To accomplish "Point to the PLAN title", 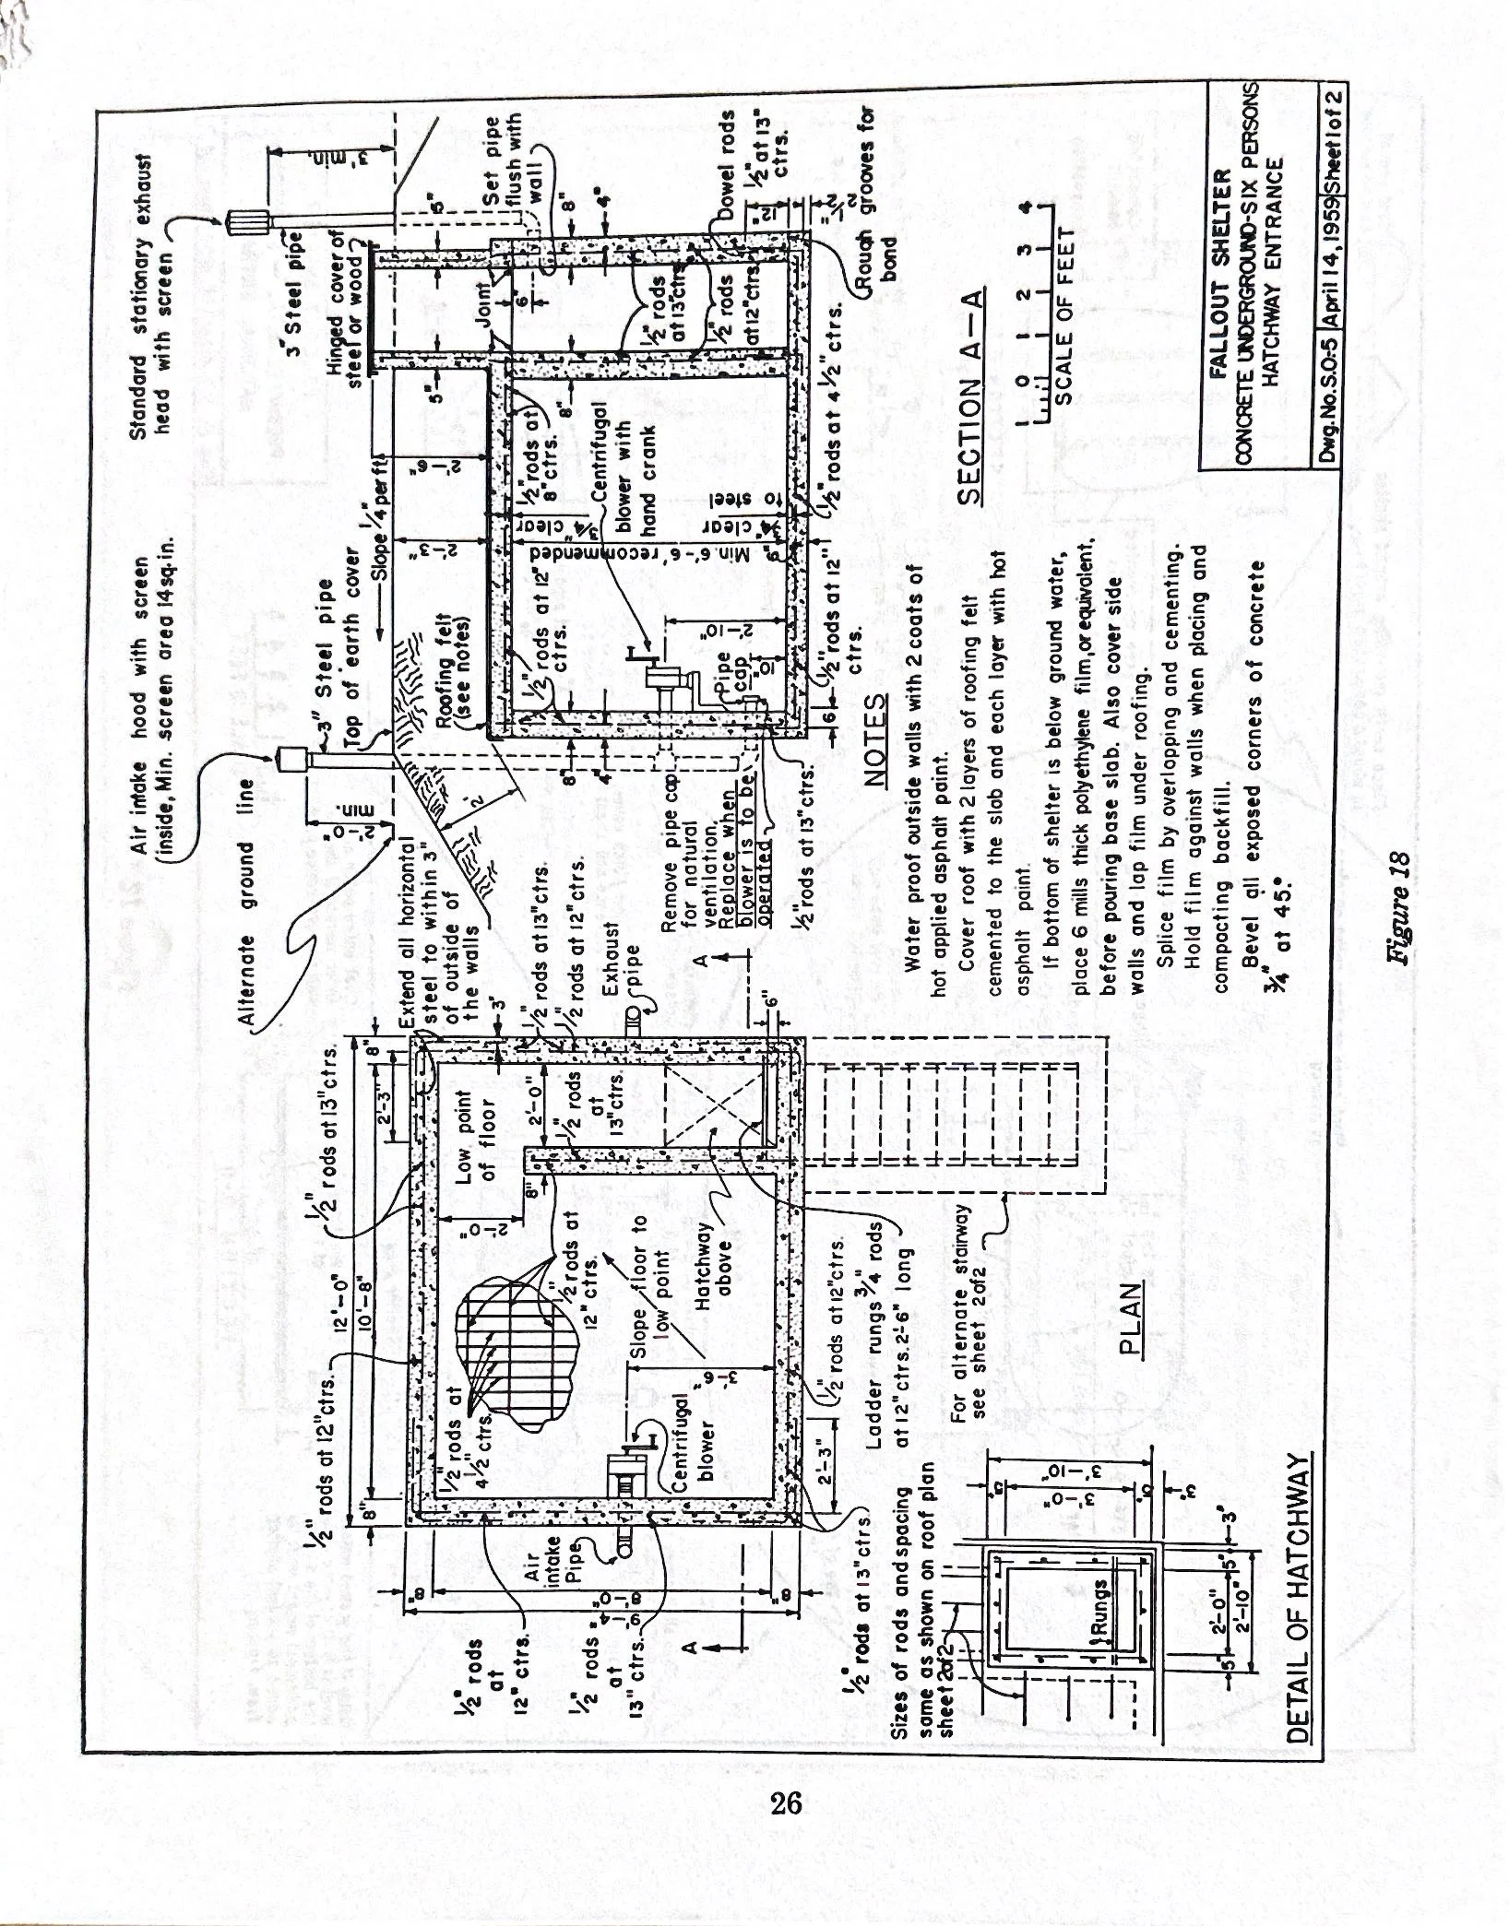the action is tap(1129, 1319).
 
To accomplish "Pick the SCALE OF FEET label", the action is tap(1066, 313).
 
